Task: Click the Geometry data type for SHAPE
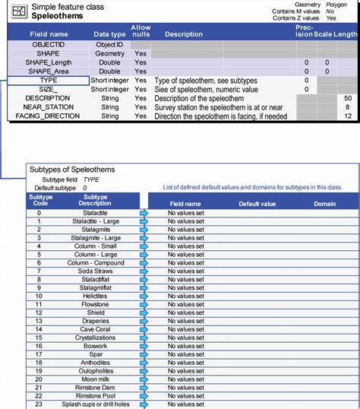(109, 54)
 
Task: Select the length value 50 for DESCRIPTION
(347, 98)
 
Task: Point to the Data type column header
(109, 34)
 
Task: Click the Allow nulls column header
(141, 30)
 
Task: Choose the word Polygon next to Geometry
(336, 4)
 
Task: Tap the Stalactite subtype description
(94, 213)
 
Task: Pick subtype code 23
(39, 404)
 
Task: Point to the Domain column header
(324, 204)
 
